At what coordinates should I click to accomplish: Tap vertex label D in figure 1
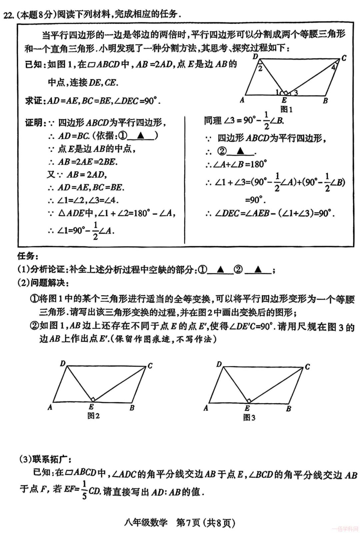click(255, 57)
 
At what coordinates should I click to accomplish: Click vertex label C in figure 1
click(344, 58)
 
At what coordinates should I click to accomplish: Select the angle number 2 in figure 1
click(260, 68)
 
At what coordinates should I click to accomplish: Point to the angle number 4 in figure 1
click(333, 67)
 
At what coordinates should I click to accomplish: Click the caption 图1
click(286, 109)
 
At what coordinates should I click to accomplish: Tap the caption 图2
click(93, 416)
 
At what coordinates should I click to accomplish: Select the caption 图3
click(249, 417)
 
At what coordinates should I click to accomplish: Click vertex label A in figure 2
click(50, 407)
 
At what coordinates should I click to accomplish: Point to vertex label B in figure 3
click(289, 408)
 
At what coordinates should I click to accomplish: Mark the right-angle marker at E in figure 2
click(93, 399)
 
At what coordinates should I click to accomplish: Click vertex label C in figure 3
click(307, 367)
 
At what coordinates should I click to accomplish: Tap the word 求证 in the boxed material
click(33, 100)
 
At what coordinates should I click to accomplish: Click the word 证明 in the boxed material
click(33, 123)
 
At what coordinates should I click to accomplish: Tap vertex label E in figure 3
click(247, 408)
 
